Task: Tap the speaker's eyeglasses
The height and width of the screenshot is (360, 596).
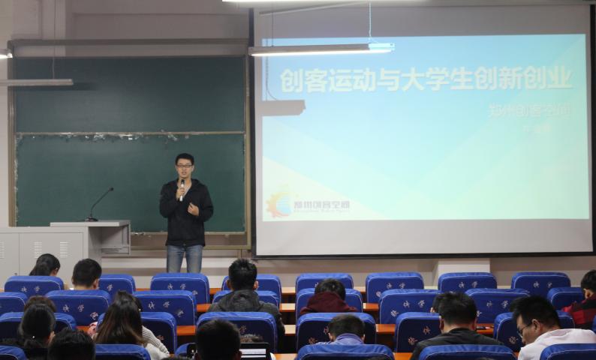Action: [x=184, y=166]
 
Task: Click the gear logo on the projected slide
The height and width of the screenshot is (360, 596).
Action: [x=279, y=204]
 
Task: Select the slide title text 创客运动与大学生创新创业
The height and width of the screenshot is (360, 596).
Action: [x=426, y=79]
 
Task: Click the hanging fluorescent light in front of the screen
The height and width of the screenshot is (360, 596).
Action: [x=321, y=49]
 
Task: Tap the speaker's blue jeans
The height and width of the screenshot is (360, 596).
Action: [x=184, y=258]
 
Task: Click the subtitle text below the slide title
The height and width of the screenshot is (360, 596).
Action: [x=529, y=109]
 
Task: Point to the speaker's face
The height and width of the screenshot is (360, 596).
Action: [x=184, y=167]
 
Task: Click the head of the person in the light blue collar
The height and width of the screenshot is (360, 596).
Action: [x=346, y=328]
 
